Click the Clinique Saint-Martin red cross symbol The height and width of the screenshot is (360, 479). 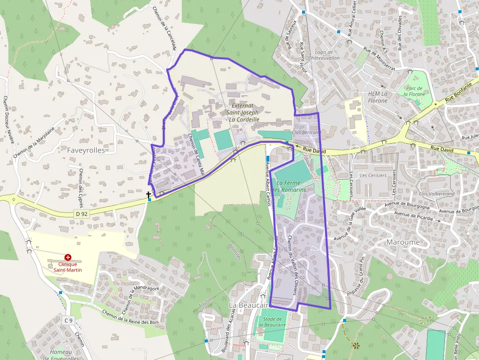tap(67, 257)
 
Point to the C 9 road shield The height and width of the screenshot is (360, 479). tap(68, 320)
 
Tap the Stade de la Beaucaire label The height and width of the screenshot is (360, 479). tap(271, 321)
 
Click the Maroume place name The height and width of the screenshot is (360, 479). tap(403, 242)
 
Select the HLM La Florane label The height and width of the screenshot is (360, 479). tap(377, 97)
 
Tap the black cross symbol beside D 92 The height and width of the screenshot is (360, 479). tap(148, 195)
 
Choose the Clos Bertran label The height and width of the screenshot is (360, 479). tap(305, 132)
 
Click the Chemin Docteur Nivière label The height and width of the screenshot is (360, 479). tap(8, 120)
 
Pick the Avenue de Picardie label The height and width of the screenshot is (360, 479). tap(414, 216)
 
